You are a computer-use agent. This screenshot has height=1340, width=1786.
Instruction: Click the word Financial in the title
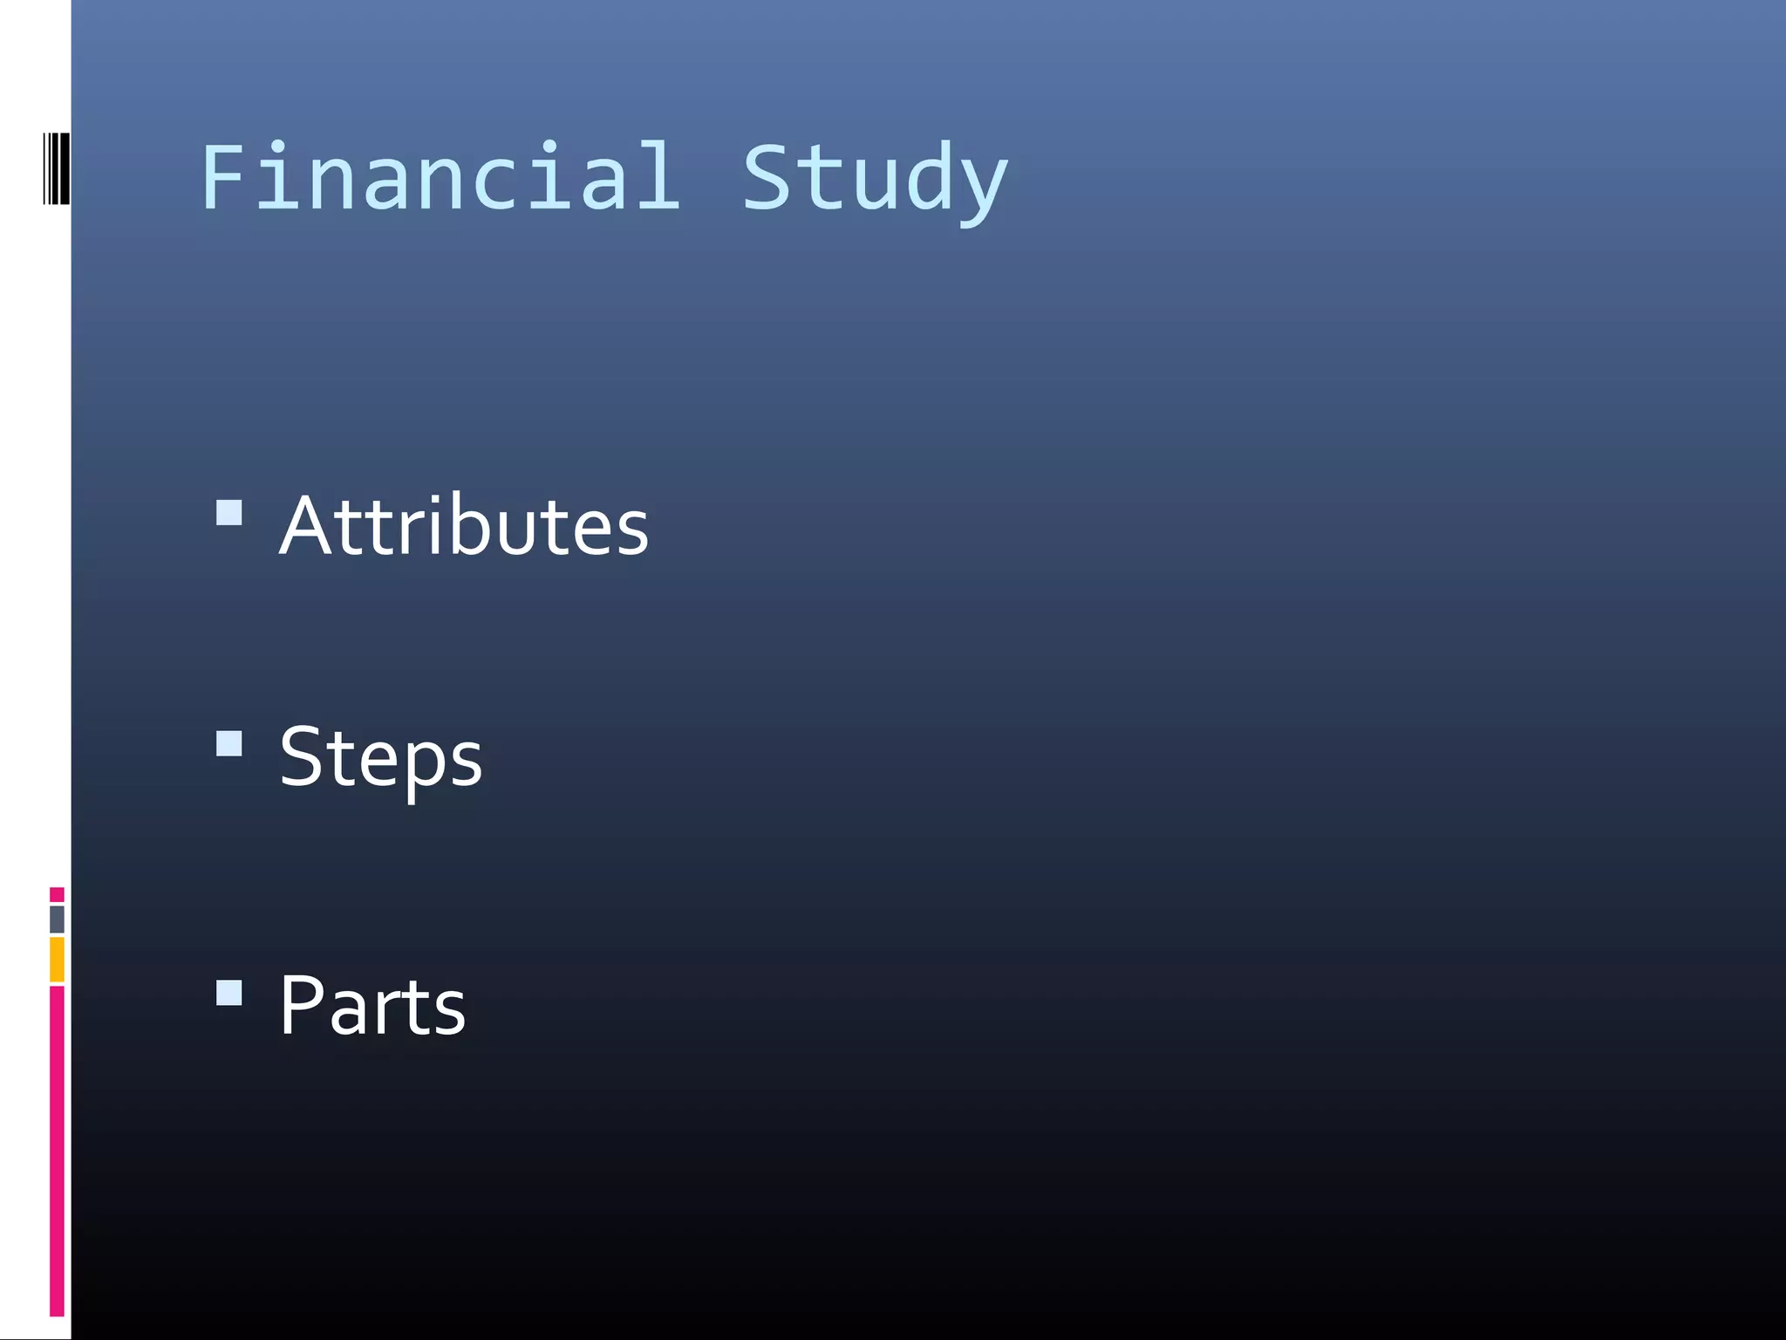[x=440, y=177]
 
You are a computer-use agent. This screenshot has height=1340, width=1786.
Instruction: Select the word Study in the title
[x=875, y=179]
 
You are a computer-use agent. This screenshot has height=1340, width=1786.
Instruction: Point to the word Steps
[x=380, y=757]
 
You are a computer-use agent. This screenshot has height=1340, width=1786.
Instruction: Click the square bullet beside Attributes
[x=229, y=512]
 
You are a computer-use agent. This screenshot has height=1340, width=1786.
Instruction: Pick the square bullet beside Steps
[x=229, y=744]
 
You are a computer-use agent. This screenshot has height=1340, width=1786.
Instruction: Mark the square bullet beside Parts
[x=229, y=993]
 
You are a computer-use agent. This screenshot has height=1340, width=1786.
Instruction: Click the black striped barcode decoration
[x=57, y=168]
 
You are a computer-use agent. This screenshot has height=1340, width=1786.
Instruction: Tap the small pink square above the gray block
[x=57, y=894]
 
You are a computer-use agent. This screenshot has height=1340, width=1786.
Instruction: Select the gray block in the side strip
[x=57, y=919]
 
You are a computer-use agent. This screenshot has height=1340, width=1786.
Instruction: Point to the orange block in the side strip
[x=57, y=959]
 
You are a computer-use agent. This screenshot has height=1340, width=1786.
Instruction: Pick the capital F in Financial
[x=225, y=177]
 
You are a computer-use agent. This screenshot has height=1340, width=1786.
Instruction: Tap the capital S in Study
[x=766, y=177]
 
